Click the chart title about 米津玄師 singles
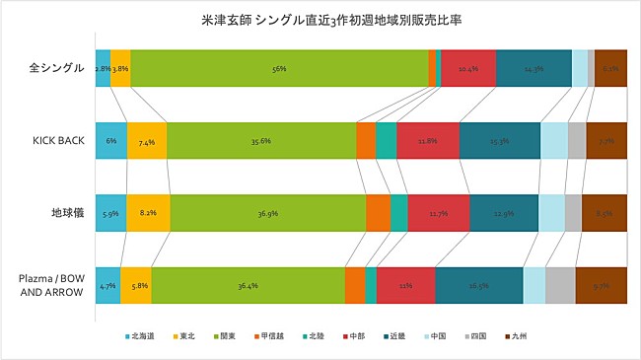pos(320,18)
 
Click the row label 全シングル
pos(57,68)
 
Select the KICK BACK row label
pos(60,140)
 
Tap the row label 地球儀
pos(66,212)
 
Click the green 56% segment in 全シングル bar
pos(279,68)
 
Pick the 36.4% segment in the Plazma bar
pos(248,285)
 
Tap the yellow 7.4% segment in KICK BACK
pos(147,141)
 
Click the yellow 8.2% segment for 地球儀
pos(148,213)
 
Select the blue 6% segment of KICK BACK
pos(111,141)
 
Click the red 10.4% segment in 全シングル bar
pos(468,68)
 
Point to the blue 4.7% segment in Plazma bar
pos(107,285)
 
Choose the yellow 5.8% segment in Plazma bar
pos(136,285)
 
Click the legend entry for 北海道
pos(144,336)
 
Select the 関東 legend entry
pos(227,336)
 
